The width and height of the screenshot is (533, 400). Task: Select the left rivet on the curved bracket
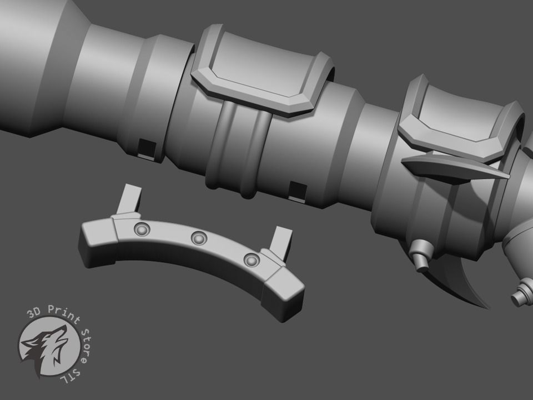141,229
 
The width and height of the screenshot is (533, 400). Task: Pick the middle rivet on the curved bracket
198,238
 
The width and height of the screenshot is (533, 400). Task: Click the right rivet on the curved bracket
252,259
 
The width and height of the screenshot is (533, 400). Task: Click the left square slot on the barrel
147,147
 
